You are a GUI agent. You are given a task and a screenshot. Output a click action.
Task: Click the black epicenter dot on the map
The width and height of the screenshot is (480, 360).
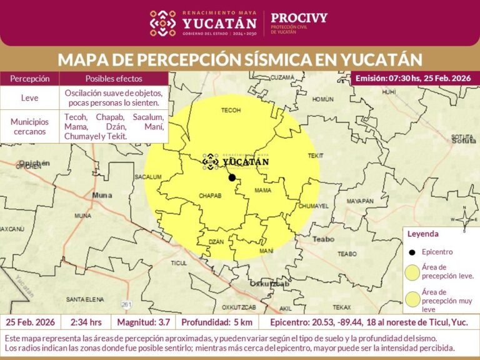click(232, 177)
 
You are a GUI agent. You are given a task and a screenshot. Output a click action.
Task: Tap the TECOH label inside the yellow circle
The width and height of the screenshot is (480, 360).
click(231, 110)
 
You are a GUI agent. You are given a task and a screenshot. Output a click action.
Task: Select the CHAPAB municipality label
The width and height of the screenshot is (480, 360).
click(210, 196)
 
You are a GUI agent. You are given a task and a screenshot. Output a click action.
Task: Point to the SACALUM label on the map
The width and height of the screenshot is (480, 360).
click(149, 177)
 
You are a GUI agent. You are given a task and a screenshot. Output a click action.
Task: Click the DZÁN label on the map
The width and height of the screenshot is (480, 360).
click(216, 241)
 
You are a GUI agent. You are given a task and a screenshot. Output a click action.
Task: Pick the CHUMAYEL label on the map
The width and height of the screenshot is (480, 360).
click(314, 206)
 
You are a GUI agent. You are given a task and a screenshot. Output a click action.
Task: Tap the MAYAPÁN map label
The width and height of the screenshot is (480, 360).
click(359, 201)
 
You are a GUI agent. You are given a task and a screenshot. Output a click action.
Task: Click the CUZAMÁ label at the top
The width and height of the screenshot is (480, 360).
click(282, 77)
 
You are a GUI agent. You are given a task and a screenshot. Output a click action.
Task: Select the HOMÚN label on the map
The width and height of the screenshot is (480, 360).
click(323, 99)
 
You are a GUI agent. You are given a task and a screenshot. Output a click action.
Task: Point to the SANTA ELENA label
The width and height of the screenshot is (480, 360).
click(84, 298)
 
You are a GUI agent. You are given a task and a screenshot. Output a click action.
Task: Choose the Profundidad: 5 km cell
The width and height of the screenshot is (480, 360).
click(216, 322)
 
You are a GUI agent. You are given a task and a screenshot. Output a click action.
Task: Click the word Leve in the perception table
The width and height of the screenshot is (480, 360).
click(29, 97)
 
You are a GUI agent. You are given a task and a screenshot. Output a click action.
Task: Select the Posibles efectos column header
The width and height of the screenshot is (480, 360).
click(114, 79)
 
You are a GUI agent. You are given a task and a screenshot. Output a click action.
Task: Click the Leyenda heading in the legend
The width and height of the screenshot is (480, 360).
click(423, 234)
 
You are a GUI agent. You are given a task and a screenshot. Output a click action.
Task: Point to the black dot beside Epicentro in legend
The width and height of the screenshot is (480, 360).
click(412, 252)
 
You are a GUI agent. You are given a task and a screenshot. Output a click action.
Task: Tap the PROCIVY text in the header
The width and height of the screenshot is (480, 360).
click(299, 17)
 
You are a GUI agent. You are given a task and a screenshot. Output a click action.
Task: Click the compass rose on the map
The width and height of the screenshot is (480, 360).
click(464, 219)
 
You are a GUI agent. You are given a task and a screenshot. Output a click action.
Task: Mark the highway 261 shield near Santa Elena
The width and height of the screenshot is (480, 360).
click(127, 304)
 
